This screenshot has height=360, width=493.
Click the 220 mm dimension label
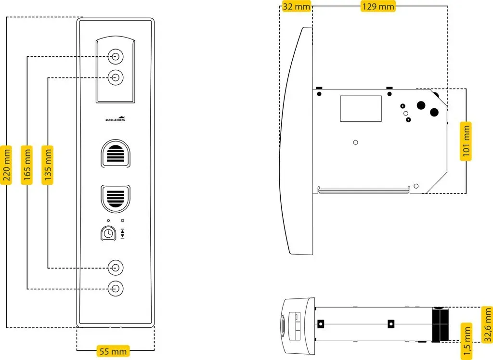(x=6, y=165)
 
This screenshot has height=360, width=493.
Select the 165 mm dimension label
(x=27, y=165)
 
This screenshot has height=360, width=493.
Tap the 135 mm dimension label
(x=48, y=165)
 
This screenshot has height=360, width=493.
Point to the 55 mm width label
(x=113, y=351)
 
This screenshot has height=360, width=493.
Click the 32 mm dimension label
(x=297, y=6)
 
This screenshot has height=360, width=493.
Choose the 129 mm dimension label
(x=378, y=6)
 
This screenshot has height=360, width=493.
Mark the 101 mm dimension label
(x=466, y=141)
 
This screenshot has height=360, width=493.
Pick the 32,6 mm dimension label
(x=488, y=324)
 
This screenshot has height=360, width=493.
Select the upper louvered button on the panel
(x=116, y=154)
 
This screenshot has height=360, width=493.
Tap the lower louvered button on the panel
(x=116, y=199)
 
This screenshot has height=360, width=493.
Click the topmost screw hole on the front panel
(x=116, y=57)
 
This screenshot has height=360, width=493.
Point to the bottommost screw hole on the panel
(x=116, y=289)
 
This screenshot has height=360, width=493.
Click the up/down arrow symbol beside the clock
(x=123, y=233)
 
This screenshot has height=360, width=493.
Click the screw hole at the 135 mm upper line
(x=116, y=77)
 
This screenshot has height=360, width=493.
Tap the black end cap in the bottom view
(x=440, y=324)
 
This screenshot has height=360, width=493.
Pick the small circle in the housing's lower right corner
(x=416, y=186)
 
